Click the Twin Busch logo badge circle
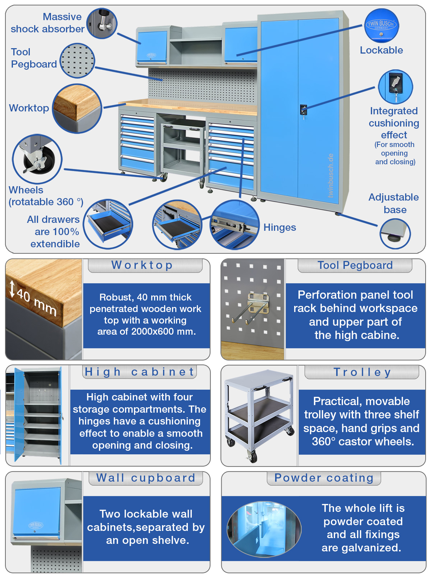click(381, 25)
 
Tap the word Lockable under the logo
click(381, 50)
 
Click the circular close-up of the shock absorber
click(102, 23)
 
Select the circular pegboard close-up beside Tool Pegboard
click(77, 60)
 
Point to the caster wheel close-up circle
click(37, 159)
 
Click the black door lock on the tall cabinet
click(303, 110)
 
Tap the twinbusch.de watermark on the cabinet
click(330, 176)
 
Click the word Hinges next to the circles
click(280, 228)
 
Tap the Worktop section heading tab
click(145, 265)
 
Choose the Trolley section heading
click(362, 372)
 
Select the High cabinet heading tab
click(139, 372)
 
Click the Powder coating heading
click(324, 478)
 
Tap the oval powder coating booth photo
click(264, 529)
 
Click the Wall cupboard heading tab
click(146, 478)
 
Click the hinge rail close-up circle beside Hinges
click(235, 225)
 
